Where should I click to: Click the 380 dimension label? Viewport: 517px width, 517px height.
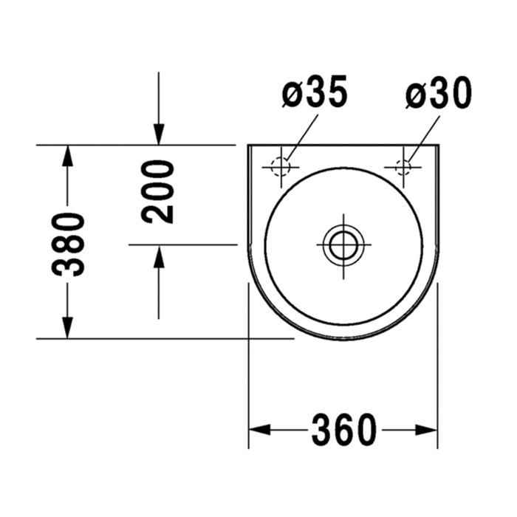point(68,244)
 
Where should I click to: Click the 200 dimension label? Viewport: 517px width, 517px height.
point(157,192)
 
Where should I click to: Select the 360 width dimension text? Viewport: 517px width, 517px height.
point(343,430)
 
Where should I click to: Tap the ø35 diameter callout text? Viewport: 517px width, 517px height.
point(315,92)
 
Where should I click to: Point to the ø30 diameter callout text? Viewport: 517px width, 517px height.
point(439,92)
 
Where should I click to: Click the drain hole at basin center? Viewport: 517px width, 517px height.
point(343,244)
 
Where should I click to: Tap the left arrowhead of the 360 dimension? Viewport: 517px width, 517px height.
point(259,430)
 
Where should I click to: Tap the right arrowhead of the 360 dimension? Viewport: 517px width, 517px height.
point(426,430)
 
